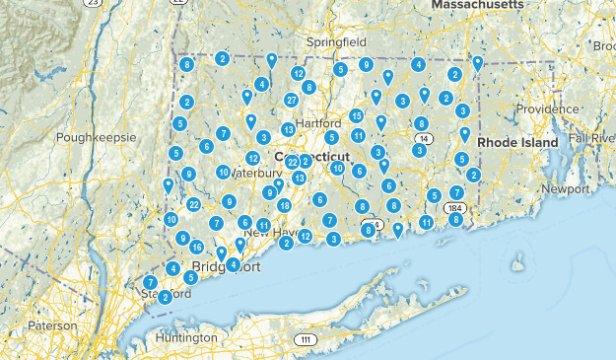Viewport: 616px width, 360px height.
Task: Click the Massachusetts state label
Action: click(x=477, y=6)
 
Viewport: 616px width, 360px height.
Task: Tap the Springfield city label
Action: click(x=335, y=44)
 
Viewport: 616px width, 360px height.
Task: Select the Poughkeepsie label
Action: click(x=95, y=137)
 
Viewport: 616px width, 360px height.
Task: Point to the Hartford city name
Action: click(x=316, y=123)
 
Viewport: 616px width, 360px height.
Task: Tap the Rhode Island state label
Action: click(x=519, y=142)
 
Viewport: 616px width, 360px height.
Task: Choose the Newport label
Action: click(x=565, y=187)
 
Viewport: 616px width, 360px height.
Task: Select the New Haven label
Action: click(x=271, y=233)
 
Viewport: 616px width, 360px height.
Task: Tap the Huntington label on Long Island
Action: click(x=187, y=337)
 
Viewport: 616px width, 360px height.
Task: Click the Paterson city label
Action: click(x=51, y=325)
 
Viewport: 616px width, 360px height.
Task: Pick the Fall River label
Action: click(x=590, y=140)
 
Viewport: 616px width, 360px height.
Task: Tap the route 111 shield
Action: click(x=307, y=340)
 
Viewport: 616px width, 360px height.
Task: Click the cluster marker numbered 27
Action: click(x=292, y=101)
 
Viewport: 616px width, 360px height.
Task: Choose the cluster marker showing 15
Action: click(x=357, y=116)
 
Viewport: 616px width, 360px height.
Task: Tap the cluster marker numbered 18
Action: click(x=284, y=205)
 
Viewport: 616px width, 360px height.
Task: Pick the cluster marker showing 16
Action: click(x=197, y=248)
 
